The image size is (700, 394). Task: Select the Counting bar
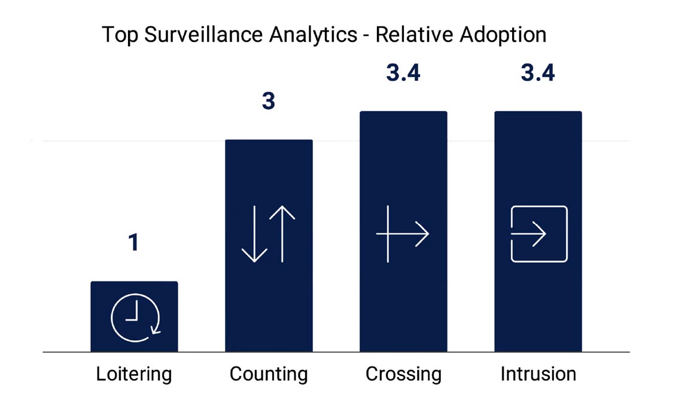click(269, 180)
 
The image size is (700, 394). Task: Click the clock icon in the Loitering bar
click(135, 318)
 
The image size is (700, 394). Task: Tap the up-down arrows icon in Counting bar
click(269, 234)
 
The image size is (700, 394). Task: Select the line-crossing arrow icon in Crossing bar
click(403, 234)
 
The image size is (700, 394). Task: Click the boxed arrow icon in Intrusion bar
click(538, 234)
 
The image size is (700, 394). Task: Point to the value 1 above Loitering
click(133, 243)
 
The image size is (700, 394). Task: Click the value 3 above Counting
click(269, 101)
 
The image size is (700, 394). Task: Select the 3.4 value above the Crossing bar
click(403, 72)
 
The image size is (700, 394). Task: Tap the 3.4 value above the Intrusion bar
click(538, 72)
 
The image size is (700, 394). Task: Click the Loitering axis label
click(134, 374)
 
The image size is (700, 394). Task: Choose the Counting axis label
click(269, 374)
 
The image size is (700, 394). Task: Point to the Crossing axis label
click(403, 374)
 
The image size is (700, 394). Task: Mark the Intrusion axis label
click(538, 374)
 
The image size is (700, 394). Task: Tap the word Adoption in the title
click(503, 35)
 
